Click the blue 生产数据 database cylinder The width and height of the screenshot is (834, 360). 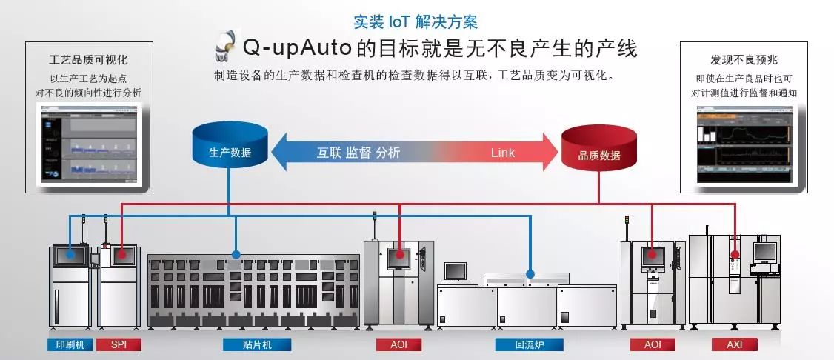click(229, 146)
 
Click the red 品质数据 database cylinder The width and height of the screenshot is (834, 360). click(598, 147)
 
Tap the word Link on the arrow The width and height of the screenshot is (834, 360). click(502, 153)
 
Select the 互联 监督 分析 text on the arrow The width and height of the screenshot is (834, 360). click(358, 153)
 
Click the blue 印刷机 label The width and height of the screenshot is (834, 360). click(70, 344)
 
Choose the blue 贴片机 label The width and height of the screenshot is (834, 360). click(257, 344)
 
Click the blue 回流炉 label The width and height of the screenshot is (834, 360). click(529, 344)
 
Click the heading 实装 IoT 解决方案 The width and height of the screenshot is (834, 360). click(416, 21)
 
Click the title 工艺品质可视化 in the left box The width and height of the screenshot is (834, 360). click(88, 60)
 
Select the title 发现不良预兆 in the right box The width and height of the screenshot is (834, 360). click(743, 60)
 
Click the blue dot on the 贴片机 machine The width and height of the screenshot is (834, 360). click(236, 254)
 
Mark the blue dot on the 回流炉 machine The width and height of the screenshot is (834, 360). click(530, 273)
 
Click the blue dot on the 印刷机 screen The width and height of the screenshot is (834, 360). click(70, 253)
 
